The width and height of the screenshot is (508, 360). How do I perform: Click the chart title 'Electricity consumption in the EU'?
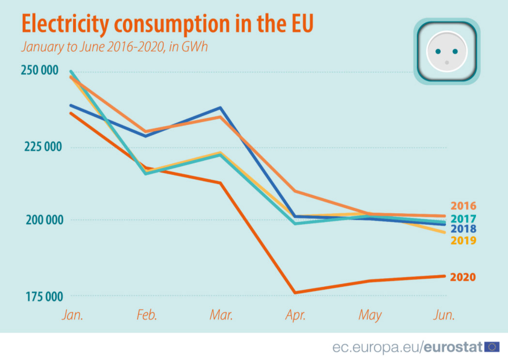pos(167,24)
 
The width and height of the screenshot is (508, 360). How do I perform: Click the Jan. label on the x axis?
pos(72,315)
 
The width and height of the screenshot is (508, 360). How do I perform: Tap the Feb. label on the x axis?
pos(147,315)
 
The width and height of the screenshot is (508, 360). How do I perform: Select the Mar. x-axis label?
pos(221,315)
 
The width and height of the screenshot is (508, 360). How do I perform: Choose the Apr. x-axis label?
pos(295,315)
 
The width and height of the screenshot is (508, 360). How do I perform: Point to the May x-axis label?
pos(370,316)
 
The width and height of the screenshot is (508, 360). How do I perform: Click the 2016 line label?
pos(463,206)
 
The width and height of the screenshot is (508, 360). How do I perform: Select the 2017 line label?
pos(463,219)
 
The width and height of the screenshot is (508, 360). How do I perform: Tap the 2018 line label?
pos(463,229)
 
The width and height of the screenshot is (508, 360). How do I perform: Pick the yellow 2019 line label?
pos(463,240)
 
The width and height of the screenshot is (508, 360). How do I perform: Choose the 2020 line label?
pos(463,278)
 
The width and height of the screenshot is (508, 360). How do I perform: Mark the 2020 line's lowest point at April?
pos(295,293)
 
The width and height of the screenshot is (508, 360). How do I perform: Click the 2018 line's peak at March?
pos(221,108)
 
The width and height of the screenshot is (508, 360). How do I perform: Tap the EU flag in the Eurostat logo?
pos(492,346)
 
